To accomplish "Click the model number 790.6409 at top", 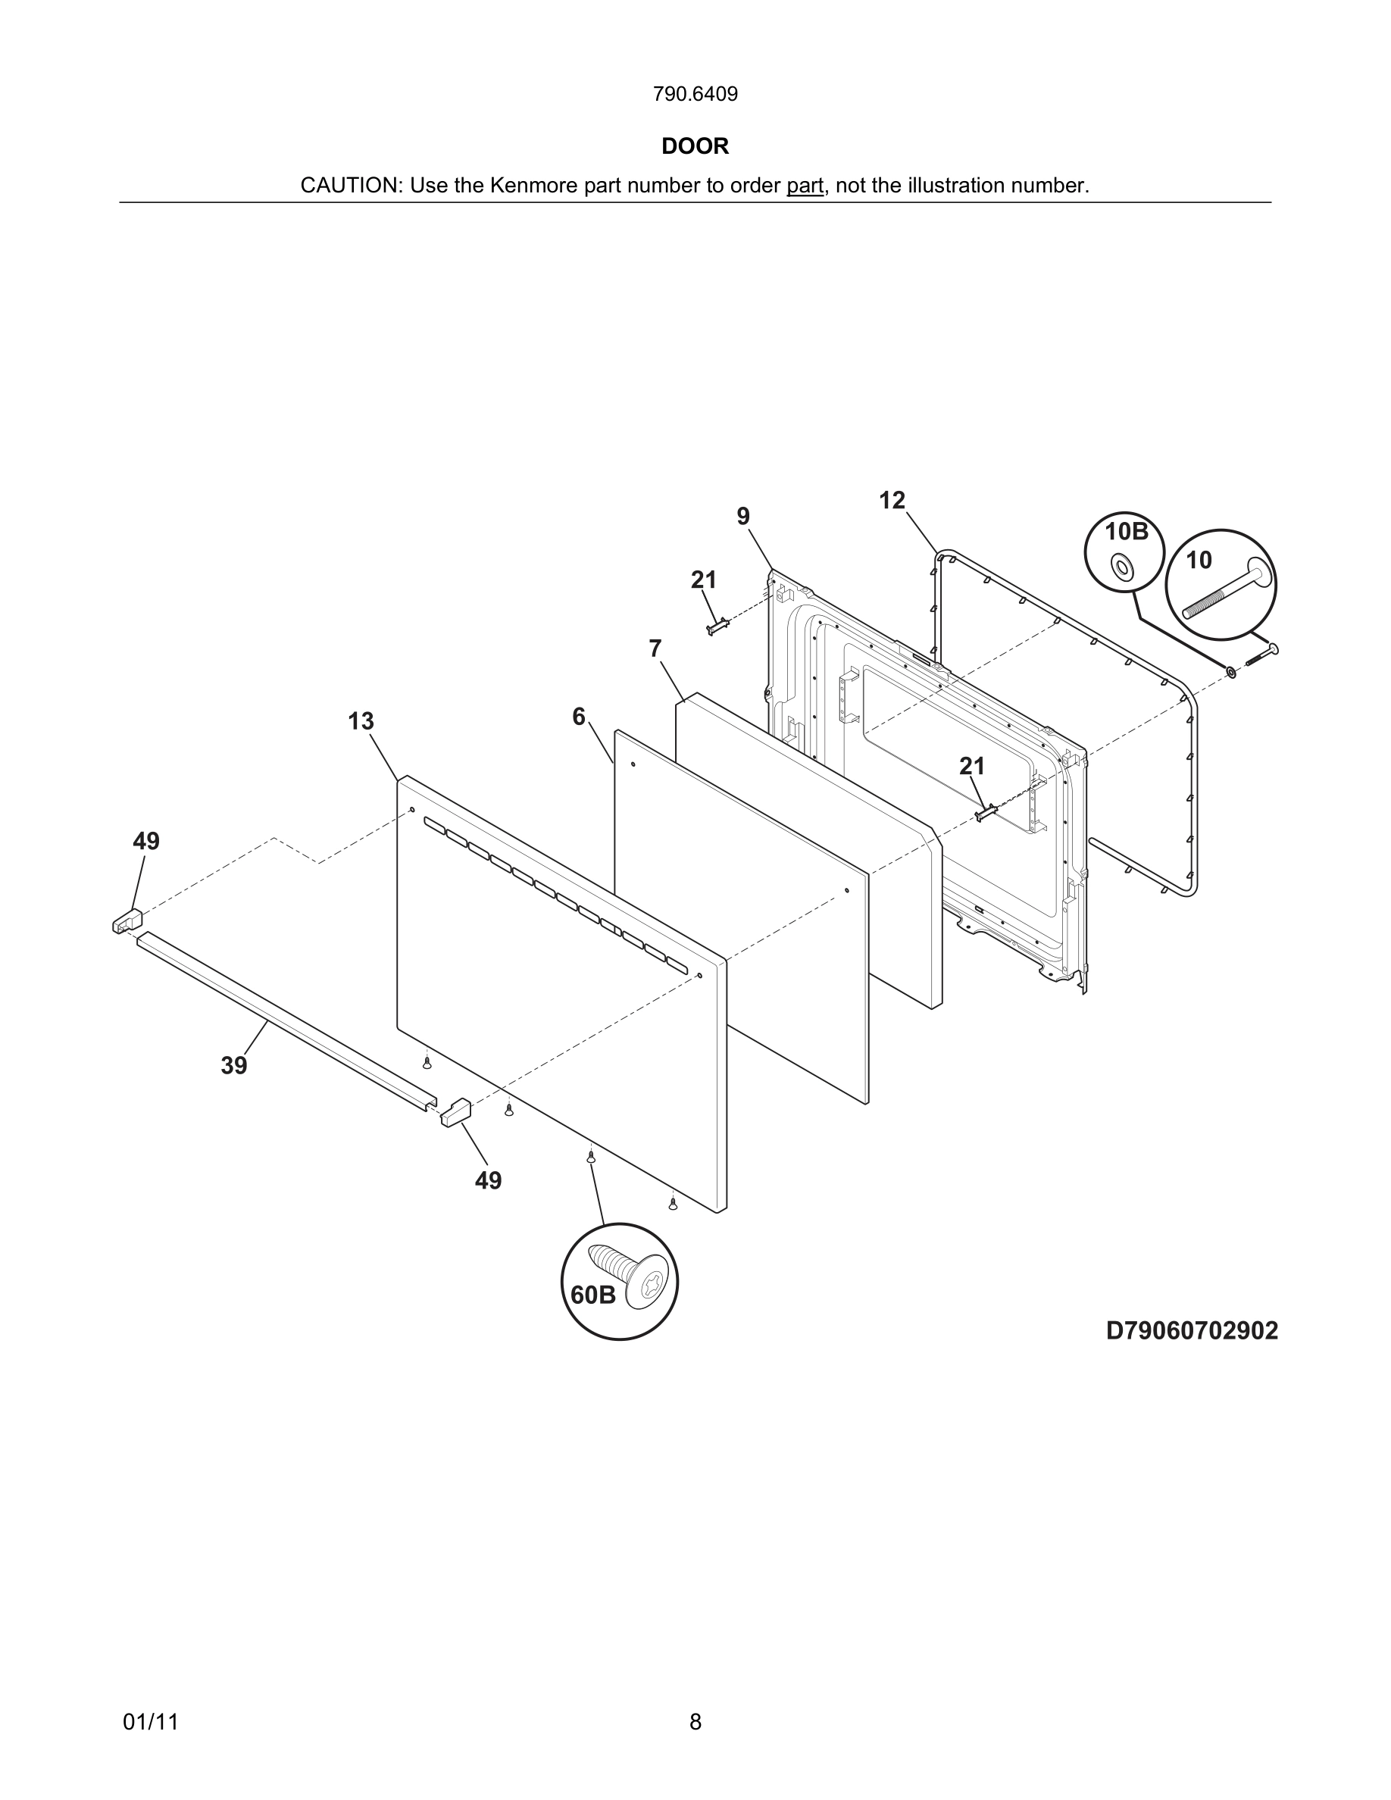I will pos(695,95).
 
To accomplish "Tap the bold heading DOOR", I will pos(695,147).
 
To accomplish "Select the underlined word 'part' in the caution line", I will pos(805,186).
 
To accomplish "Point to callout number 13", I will pos(360,721).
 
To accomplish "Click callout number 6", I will pos(579,717).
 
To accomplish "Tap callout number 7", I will pos(655,649).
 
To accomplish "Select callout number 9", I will pos(742,517).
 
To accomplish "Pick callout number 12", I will pos(892,500).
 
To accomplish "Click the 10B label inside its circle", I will pos(1126,532).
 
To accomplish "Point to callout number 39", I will pos(234,1066).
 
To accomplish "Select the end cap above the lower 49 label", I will pos(455,1112).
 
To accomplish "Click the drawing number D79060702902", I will pos(1191,1331).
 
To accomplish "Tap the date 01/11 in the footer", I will pos(150,1722).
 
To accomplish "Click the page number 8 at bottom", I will pos(695,1722).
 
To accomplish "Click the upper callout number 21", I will pos(703,580).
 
